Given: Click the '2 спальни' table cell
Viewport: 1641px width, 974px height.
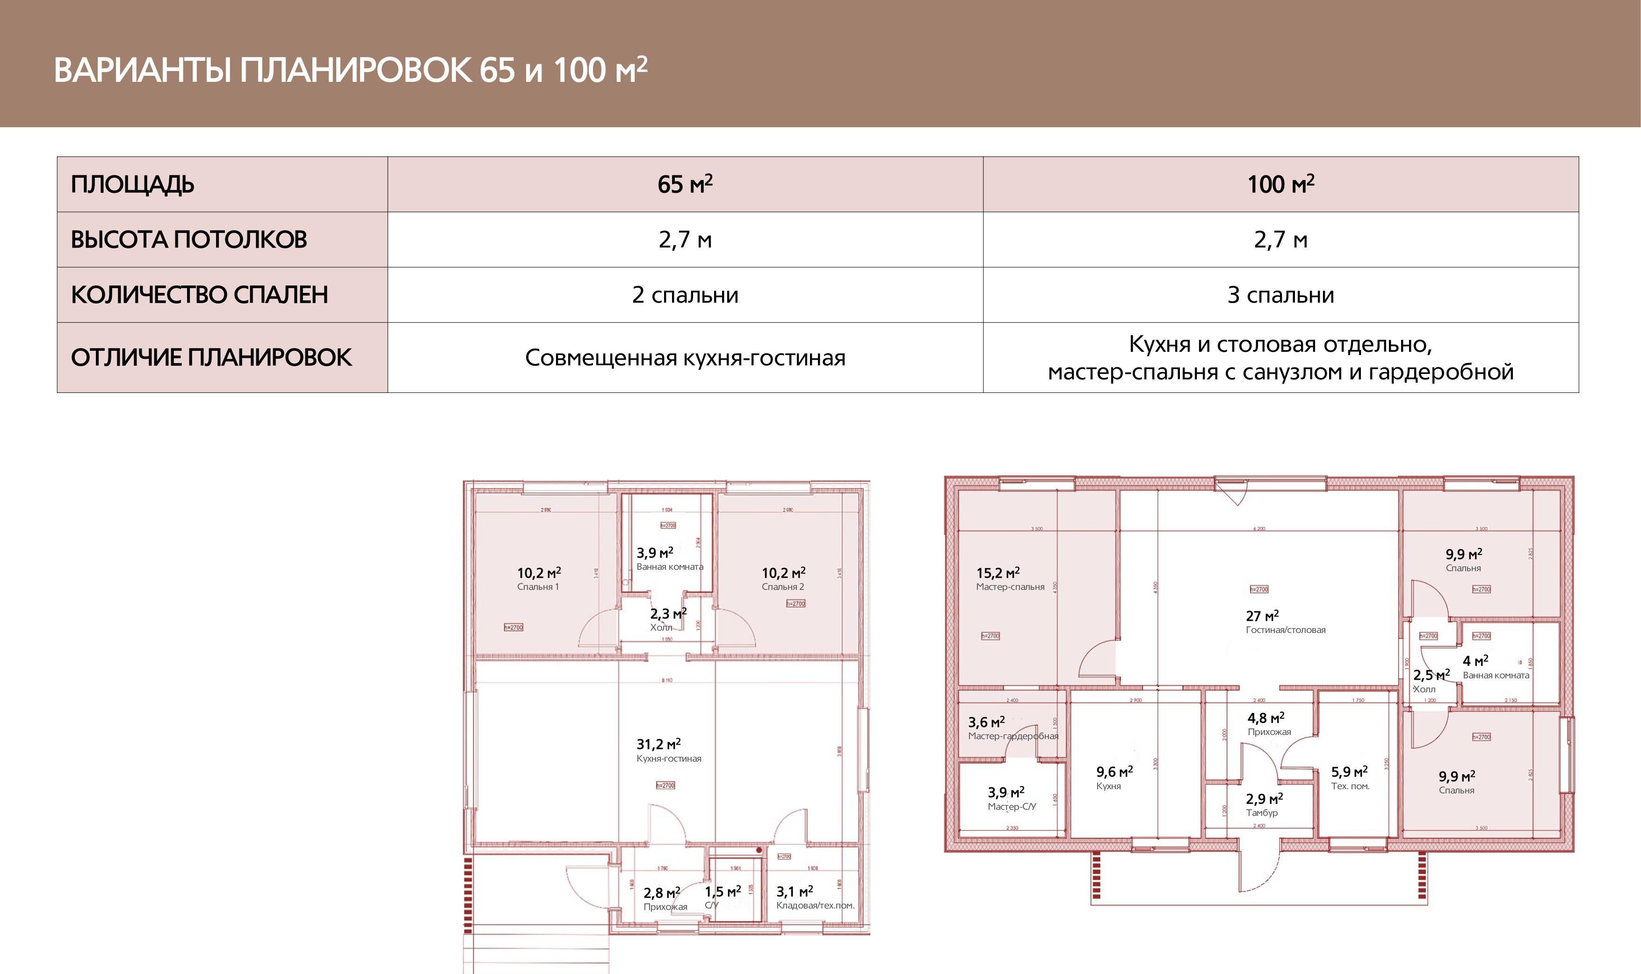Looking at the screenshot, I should [x=685, y=295].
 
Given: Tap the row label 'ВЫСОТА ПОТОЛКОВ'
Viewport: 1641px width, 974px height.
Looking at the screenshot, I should [x=189, y=240].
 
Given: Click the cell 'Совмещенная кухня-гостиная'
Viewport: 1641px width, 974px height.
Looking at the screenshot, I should [x=685, y=358].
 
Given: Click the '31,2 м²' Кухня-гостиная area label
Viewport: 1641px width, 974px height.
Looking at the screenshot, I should [x=659, y=744].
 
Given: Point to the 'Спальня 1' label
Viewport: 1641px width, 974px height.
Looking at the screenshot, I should [x=537, y=587].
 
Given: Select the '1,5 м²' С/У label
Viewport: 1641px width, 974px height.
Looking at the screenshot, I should [x=723, y=891].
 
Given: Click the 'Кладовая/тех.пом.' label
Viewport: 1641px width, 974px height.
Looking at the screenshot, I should [x=815, y=905].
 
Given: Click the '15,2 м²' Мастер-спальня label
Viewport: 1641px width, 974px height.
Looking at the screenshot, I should [x=998, y=573].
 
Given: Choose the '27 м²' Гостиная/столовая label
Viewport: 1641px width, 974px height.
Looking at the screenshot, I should [x=1262, y=616].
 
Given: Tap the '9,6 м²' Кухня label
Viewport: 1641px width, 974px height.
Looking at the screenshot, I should [x=1114, y=772].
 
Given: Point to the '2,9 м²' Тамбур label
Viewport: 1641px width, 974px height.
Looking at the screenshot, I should [x=1264, y=799].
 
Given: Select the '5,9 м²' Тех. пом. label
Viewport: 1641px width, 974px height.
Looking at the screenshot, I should [x=1349, y=772].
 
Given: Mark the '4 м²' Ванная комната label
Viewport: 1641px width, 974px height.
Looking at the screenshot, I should [x=1475, y=661].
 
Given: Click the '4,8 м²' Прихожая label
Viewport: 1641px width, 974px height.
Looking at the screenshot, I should [x=1265, y=718].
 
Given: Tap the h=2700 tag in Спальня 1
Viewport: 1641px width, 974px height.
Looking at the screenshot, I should [x=513, y=627].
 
